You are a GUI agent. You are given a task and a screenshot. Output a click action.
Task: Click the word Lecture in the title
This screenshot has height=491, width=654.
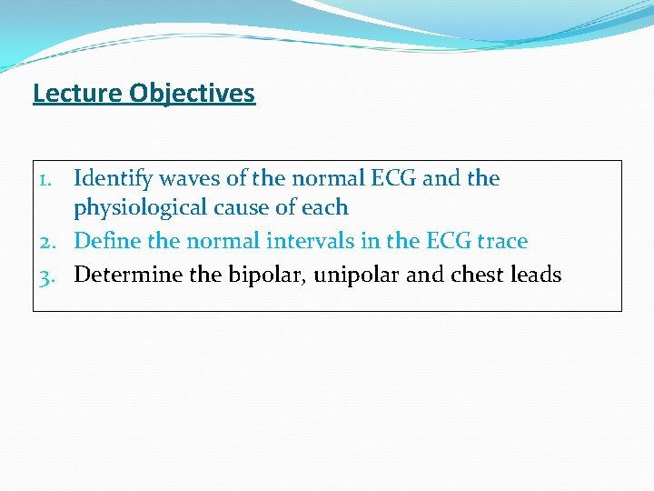pos(77,94)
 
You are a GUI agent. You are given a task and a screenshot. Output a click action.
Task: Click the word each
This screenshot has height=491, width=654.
pos(323,208)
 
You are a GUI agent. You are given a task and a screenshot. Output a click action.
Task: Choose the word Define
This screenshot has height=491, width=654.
pos(104,242)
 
